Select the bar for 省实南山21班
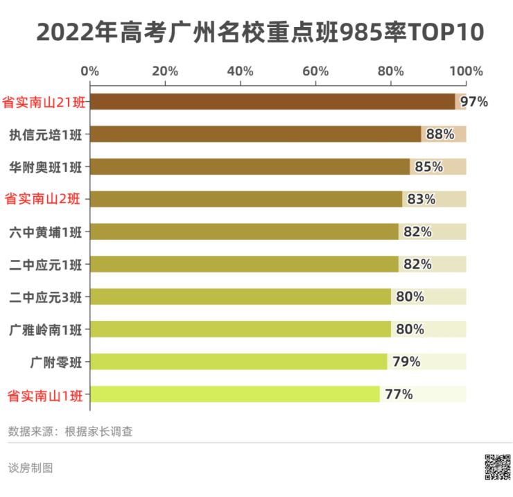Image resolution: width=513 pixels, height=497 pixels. click(x=272, y=102)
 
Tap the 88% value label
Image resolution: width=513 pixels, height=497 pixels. click(x=440, y=134)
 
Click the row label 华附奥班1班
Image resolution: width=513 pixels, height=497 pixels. click(x=45, y=167)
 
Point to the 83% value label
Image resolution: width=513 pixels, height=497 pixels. click(x=421, y=200)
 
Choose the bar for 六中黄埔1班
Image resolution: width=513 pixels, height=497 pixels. click(x=244, y=232)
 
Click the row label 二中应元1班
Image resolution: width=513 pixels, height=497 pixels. click(x=45, y=264)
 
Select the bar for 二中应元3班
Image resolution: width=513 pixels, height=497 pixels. click(x=240, y=297)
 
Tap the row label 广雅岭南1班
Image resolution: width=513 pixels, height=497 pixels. click(x=45, y=329)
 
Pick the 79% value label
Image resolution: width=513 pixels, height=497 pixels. click(x=406, y=362)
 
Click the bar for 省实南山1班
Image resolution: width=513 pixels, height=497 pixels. click(x=234, y=394)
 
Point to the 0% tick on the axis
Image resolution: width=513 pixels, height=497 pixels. click(x=90, y=71)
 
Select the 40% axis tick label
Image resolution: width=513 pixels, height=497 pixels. click(x=241, y=71)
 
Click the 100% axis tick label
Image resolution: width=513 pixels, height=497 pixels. click(x=466, y=71)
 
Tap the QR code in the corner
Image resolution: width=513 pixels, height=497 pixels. click(x=497, y=467)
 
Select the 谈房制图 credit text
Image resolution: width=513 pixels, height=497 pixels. click(x=31, y=467)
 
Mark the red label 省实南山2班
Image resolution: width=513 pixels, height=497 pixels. click(x=43, y=200)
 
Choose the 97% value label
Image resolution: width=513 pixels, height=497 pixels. click(x=474, y=102)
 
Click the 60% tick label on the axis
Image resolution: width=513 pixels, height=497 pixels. click(x=315, y=71)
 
